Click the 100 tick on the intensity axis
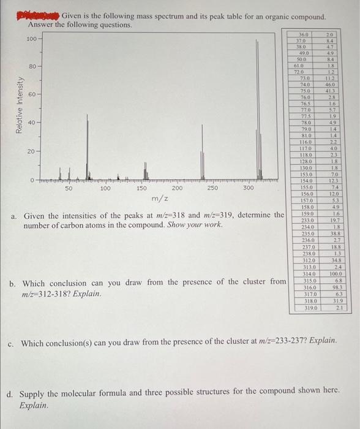click(x=31, y=40)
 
